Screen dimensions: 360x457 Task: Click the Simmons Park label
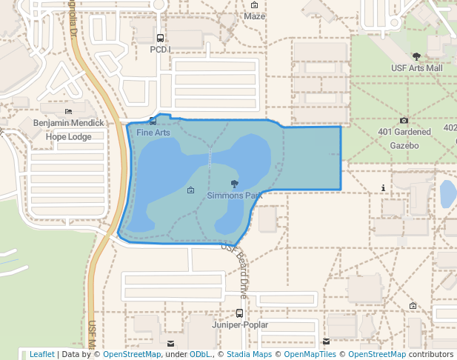[x=234, y=196]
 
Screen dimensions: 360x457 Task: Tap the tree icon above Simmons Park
[x=235, y=184]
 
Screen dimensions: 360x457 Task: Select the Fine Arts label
[x=153, y=133]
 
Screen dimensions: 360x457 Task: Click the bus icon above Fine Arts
[x=153, y=121]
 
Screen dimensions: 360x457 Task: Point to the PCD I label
[x=160, y=50]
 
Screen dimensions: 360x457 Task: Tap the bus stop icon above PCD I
[x=160, y=38]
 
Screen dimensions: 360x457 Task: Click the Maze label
[x=254, y=16]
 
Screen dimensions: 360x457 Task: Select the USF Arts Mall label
[x=416, y=67]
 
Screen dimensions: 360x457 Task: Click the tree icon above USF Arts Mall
[x=416, y=56]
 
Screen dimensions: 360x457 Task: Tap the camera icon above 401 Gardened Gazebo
[x=404, y=121]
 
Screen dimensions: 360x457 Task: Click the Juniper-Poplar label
[x=239, y=325]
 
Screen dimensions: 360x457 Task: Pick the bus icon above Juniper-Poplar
[x=239, y=313]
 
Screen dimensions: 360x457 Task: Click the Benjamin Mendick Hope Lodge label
[x=69, y=130]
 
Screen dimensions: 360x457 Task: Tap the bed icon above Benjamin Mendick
[x=69, y=110]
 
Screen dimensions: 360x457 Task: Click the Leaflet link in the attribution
[x=41, y=354]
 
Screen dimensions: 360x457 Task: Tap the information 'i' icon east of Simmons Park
[x=382, y=188]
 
